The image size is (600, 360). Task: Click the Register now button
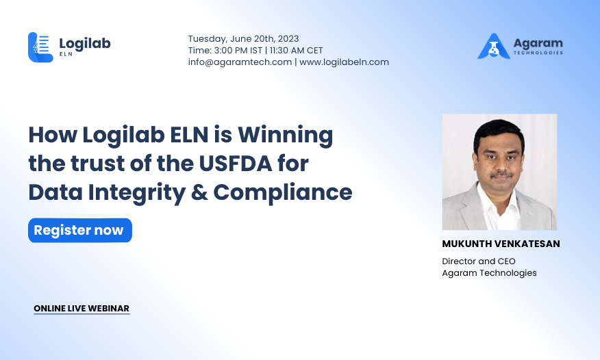pyautogui.click(x=80, y=231)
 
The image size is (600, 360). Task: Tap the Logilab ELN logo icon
pyautogui.click(x=40, y=47)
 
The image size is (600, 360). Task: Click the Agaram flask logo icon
pyautogui.click(x=494, y=47)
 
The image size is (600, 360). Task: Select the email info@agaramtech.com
pyautogui.click(x=240, y=62)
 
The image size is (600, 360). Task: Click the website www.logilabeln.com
pyautogui.click(x=344, y=62)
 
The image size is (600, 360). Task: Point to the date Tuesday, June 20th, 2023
pyautogui.click(x=243, y=39)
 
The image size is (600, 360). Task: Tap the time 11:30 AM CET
pyautogui.click(x=296, y=51)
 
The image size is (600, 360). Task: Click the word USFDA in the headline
pyautogui.click(x=236, y=163)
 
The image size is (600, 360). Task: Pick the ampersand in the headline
pyautogui.click(x=199, y=192)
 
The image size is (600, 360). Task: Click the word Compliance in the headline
pyautogui.click(x=283, y=192)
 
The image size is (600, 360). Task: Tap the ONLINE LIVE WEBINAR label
pyautogui.click(x=82, y=309)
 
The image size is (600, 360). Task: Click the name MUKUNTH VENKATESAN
pyautogui.click(x=501, y=244)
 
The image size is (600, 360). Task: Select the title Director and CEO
pyautogui.click(x=479, y=261)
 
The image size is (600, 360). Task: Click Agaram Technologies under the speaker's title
pyautogui.click(x=489, y=273)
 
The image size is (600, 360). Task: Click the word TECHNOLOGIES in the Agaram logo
pyautogui.click(x=538, y=53)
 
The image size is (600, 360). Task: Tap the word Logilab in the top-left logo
pyautogui.click(x=85, y=44)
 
